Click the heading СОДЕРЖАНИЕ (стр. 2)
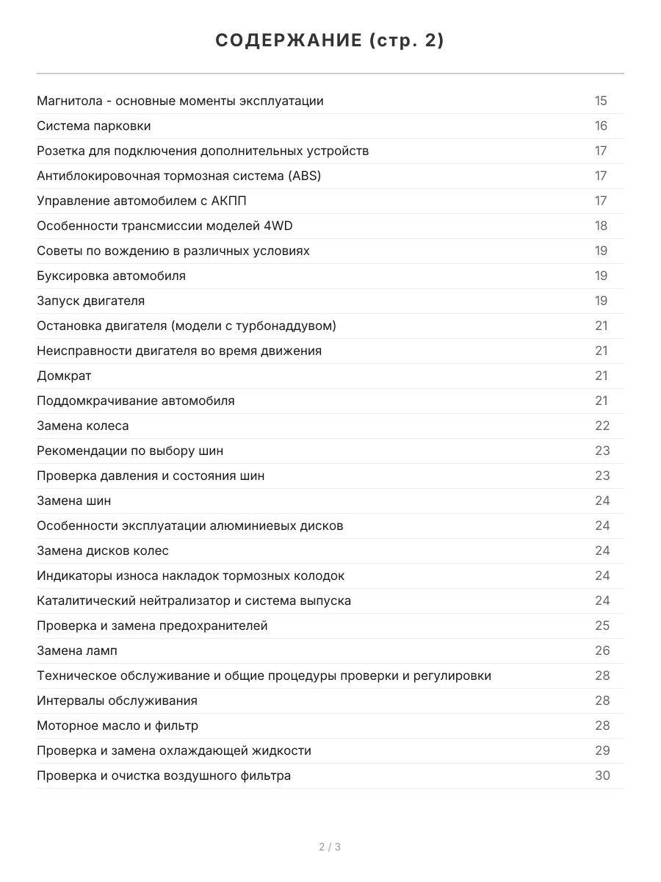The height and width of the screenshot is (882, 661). click(330, 41)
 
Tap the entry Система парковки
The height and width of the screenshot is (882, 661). click(94, 126)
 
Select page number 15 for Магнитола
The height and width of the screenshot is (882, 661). click(601, 101)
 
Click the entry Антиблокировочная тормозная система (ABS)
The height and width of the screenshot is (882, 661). click(178, 176)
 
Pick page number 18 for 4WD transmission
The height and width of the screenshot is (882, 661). click(601, 226)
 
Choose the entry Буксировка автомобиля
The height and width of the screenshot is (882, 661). click(111, 276)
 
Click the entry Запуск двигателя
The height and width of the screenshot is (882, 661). click(90, 301)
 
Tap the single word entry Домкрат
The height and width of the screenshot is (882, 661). click(64, 376)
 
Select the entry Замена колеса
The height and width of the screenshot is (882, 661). click(82, 426)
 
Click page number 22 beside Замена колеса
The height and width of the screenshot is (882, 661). click(602, 426)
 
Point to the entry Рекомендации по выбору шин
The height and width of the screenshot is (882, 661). click(130, 451)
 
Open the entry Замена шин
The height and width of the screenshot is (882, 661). click(74, 501)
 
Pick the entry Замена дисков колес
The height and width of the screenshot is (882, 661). click(103, 551)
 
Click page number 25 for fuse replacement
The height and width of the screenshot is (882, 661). click(602, 625)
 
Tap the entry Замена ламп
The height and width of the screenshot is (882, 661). click(77, 650)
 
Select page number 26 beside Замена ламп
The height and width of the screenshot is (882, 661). click(602, 650)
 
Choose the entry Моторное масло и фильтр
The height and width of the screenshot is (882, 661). click(118, 725)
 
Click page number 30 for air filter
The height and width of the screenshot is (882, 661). click(602, 775)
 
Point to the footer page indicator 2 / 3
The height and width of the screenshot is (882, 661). click(330, 847)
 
